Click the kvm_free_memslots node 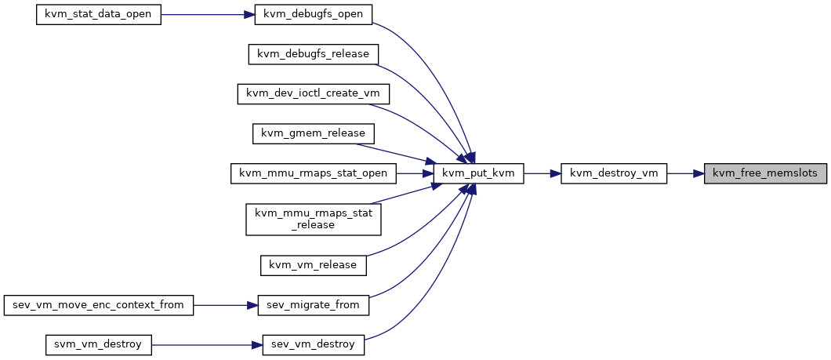[x=765, y=173]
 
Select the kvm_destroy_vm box [x=614, y=173]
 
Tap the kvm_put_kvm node [x=478, y=173]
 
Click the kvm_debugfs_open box [x=314, y=14]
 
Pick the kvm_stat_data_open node [x=99, y=14]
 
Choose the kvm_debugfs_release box [x=314, y=54]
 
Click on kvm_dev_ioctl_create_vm [x=314, y=94]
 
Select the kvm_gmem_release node [x=314, y=133]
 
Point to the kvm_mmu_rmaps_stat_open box [x=314, y=173]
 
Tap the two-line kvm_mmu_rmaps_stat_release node [x=314, y=219]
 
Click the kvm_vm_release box [x=314, y=264]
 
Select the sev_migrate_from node [x=314, y=305]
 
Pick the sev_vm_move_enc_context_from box [x=99, y=305]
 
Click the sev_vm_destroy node [x=314, y=344]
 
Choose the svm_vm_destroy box [x=99, y=344]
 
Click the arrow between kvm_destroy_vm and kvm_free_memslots [x=685, y=173]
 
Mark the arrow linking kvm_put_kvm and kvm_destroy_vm [x=543, y=173]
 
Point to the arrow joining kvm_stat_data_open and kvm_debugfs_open [x=208, y=14]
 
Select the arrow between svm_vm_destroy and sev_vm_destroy [x=207, y=344]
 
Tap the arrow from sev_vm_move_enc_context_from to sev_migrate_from [x=225, y=305]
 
